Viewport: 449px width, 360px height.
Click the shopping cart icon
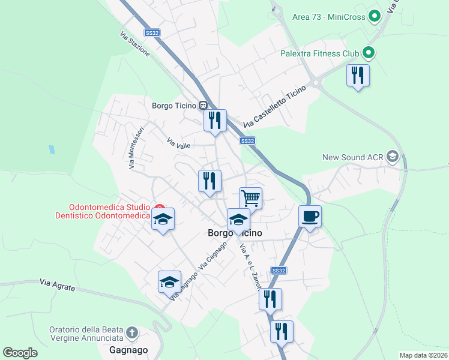(250, 197)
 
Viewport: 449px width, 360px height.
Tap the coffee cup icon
(310, 216)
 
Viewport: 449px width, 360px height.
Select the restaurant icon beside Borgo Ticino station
(215, 120)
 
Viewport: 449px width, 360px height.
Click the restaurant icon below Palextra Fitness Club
(358, 75)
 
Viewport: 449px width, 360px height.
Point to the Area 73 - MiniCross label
(328, 17)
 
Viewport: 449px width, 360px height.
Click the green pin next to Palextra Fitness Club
(369, 53)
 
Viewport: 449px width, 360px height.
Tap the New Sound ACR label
(352, 157)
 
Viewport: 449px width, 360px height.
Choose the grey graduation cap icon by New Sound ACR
(393, 157)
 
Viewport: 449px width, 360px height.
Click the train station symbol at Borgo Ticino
(203, 106)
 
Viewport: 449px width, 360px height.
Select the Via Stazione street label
(135, 44)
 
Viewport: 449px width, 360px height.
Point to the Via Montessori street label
(136, 147)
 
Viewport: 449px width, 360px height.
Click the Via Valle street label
(179, 144)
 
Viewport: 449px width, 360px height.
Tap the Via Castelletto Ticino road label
(275, 106)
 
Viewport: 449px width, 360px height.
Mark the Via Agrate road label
(58, 284)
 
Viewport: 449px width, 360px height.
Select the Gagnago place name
(128, 349)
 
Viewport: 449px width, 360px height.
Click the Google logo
(20, 353)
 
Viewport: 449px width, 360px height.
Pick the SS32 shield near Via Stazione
(152, 33)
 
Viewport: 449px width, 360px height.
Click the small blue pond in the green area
(52, 149)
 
